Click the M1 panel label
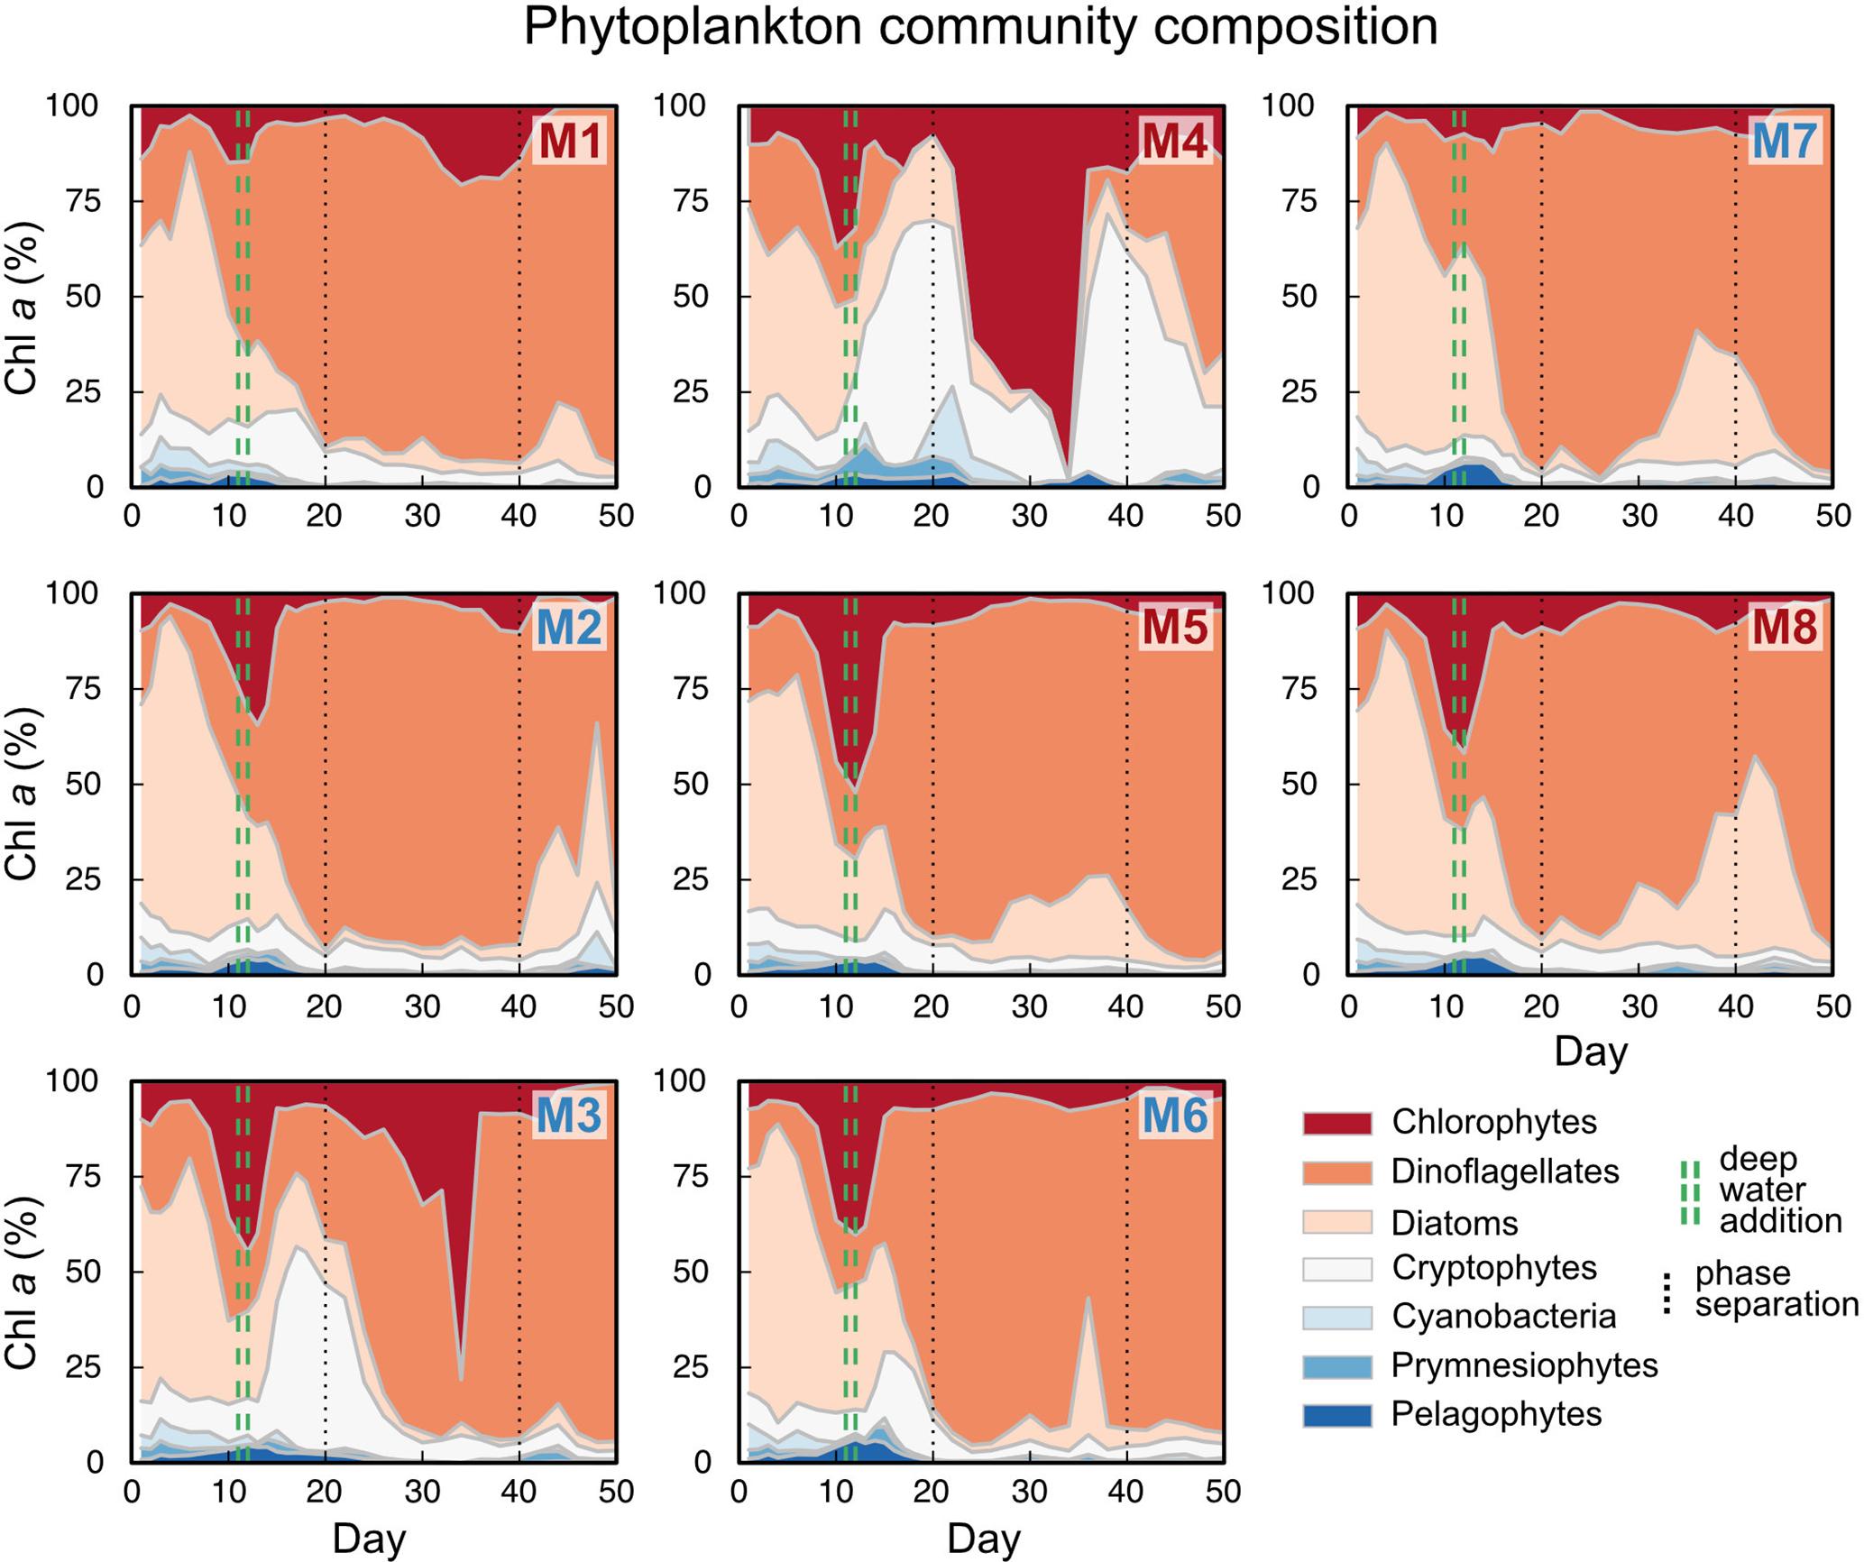pyautogui.click(x=569, y=141)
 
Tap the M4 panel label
pyautogui.click(x=1174, y=141)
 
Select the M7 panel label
pyautogui.click(x=1785, y=141)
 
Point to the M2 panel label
pyautogui.click(x=569, y=628)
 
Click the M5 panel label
pyautogui.click(x=1174, y=628)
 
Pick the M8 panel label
pyautogui.click(x=1785, y=628)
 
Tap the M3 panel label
pyautogui.click(x=569, y=1116)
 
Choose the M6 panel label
pyautogui.click(x=1174, y=1116)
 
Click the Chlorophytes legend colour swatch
pyautogui.click(x=1336, y=1123)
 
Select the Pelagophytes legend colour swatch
pyautogui.click(x=1336, y=1414)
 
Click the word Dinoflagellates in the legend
pyautogui.click(x=1504, y=1171)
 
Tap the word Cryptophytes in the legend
pyautogui.click(x=1493, y=1268)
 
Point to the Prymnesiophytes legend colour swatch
pyautogui.click(x=1336, y=1366)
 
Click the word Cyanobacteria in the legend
pyautogui.click(x=1503, y=1317)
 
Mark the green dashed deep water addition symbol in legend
pyautogui.click(x=1690, y=1192)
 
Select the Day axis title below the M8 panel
pyautogui.click(x=1591, y=1052)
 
